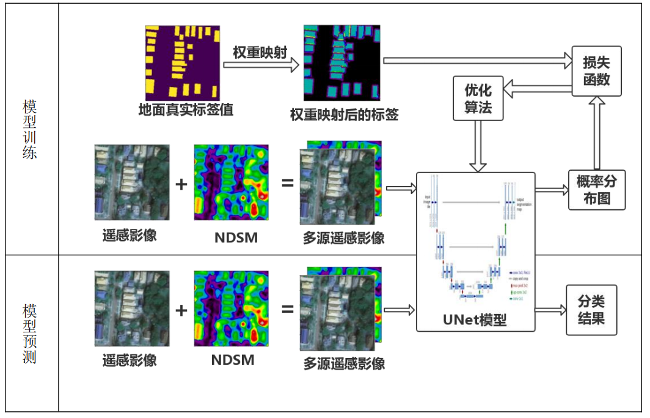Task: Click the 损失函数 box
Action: (596, 71)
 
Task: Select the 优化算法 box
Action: (478, 99)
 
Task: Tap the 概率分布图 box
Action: (596, 190)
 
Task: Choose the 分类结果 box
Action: (591, 310)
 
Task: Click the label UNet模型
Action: (475, 319)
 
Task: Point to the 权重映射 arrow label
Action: (260, 53)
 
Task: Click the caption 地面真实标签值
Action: (186, 111)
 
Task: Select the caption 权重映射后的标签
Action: (344, 114)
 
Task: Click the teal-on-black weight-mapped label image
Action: (341, 62)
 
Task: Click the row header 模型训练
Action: (29, 129)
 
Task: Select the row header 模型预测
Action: (29, 333)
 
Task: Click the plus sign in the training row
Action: (181, 183)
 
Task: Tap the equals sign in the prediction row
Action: (287, 309)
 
